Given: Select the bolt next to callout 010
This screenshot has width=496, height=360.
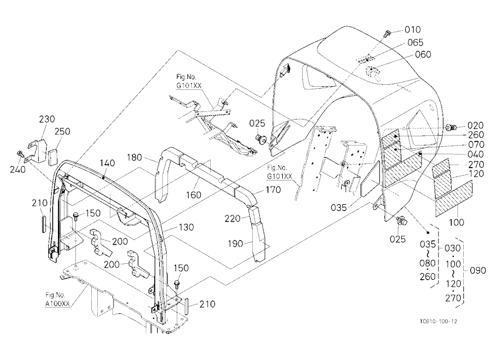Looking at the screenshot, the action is coord(386,33).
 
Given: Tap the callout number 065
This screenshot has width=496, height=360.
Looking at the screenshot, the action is coord(415,42).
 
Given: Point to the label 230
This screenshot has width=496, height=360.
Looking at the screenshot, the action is coord(47,119).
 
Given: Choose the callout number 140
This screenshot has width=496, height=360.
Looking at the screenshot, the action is coord(108,163).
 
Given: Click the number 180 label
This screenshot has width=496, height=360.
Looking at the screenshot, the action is coord(135,157).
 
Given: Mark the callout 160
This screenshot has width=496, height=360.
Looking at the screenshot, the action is coord(193,194).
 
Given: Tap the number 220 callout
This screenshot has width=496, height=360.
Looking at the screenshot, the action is coord(233,219).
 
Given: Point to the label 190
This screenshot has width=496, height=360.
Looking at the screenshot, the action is coord(236,243).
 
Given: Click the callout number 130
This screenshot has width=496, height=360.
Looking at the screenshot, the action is coord(186,227).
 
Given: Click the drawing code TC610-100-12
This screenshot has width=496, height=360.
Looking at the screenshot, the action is coord(438,321).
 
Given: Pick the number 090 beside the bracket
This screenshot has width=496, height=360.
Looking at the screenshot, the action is coord(478,270).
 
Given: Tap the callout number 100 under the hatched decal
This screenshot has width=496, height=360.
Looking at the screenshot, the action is coord(456,222).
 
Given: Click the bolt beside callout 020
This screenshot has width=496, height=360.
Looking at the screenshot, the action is coord(451,127).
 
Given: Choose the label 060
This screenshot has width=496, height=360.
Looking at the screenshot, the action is coord(423,55).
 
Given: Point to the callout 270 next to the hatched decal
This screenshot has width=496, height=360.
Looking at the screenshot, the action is coord(476,165).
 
